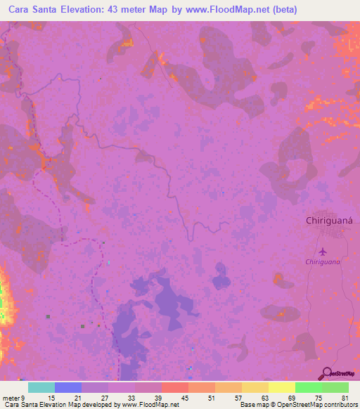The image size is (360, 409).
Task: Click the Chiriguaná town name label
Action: point(333,220)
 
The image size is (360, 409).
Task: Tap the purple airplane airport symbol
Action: point(323,251)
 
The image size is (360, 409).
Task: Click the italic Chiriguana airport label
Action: point(323,262)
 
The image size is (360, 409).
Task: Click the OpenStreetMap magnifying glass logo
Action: point(326,373)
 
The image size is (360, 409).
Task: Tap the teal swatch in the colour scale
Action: point(41,387)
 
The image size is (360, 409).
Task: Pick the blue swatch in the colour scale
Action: point(67,387)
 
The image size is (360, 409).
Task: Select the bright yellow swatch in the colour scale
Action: point(281,387)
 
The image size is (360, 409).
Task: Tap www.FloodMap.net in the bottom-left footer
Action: point(148,405)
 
